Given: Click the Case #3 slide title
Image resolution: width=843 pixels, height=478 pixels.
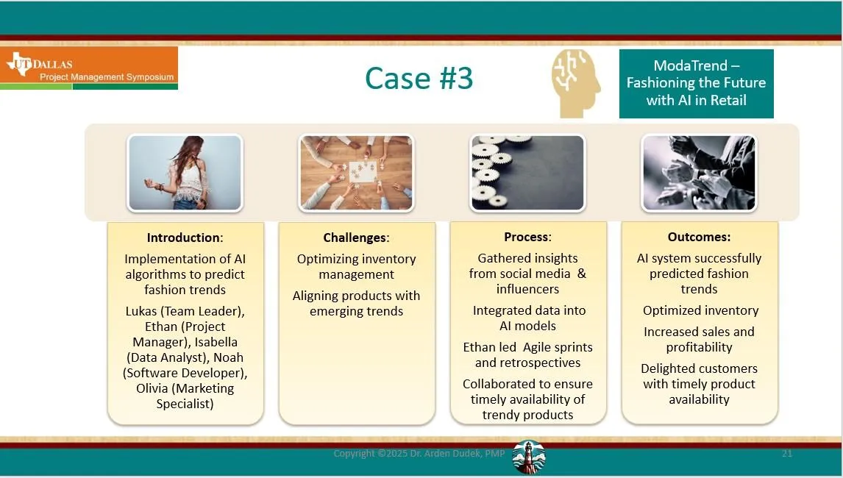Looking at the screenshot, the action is tap(419, 78).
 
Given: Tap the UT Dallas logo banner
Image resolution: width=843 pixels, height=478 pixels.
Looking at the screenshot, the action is tap(89, 68).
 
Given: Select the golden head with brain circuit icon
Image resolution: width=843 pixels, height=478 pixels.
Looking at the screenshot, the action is tap(576, 83).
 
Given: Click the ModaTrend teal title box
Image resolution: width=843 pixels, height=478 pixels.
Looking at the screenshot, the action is tap(696, 83).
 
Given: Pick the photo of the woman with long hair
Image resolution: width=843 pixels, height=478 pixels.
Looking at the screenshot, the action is tap(185, 173).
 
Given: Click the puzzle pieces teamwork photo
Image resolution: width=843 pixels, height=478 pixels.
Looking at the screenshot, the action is tap(357, 173).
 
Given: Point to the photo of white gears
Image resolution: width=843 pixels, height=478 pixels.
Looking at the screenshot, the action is tap(527, 173).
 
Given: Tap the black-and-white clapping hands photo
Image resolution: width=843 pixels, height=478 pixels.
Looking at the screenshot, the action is tap(699, 173).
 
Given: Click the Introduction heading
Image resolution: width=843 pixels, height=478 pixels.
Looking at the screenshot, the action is tap(185, 238).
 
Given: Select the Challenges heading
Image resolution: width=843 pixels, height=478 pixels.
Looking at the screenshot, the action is tap(357, 238).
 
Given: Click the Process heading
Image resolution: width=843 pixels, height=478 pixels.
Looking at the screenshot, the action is tap(527, 237).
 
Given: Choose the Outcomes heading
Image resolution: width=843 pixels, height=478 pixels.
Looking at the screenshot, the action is tap(699, 237).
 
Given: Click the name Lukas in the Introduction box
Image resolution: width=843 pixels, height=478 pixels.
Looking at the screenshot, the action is tap(141, 311).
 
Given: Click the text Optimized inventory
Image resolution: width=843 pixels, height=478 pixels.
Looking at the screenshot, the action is tap(700, 311).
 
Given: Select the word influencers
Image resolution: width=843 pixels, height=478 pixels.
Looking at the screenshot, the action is tap(527, 289).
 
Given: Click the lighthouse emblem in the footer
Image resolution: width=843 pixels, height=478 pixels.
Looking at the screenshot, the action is tap(528, 457).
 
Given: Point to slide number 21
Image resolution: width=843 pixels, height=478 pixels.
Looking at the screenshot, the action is tap(787, 453).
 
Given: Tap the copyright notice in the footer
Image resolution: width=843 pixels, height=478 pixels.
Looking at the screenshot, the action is tap(419, 453).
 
